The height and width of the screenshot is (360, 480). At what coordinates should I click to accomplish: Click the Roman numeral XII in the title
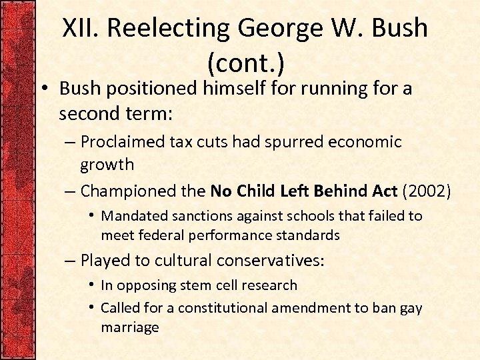click(x=81, y=28)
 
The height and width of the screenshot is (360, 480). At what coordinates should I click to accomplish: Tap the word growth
click(x=107, y=164)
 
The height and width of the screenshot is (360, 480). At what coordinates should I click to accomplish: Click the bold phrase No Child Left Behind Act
click(x=304, y=191)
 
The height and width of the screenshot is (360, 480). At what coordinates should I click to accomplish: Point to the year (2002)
click(x=427, y=191)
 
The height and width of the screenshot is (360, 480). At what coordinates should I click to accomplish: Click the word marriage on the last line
click(x=130, y=327)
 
